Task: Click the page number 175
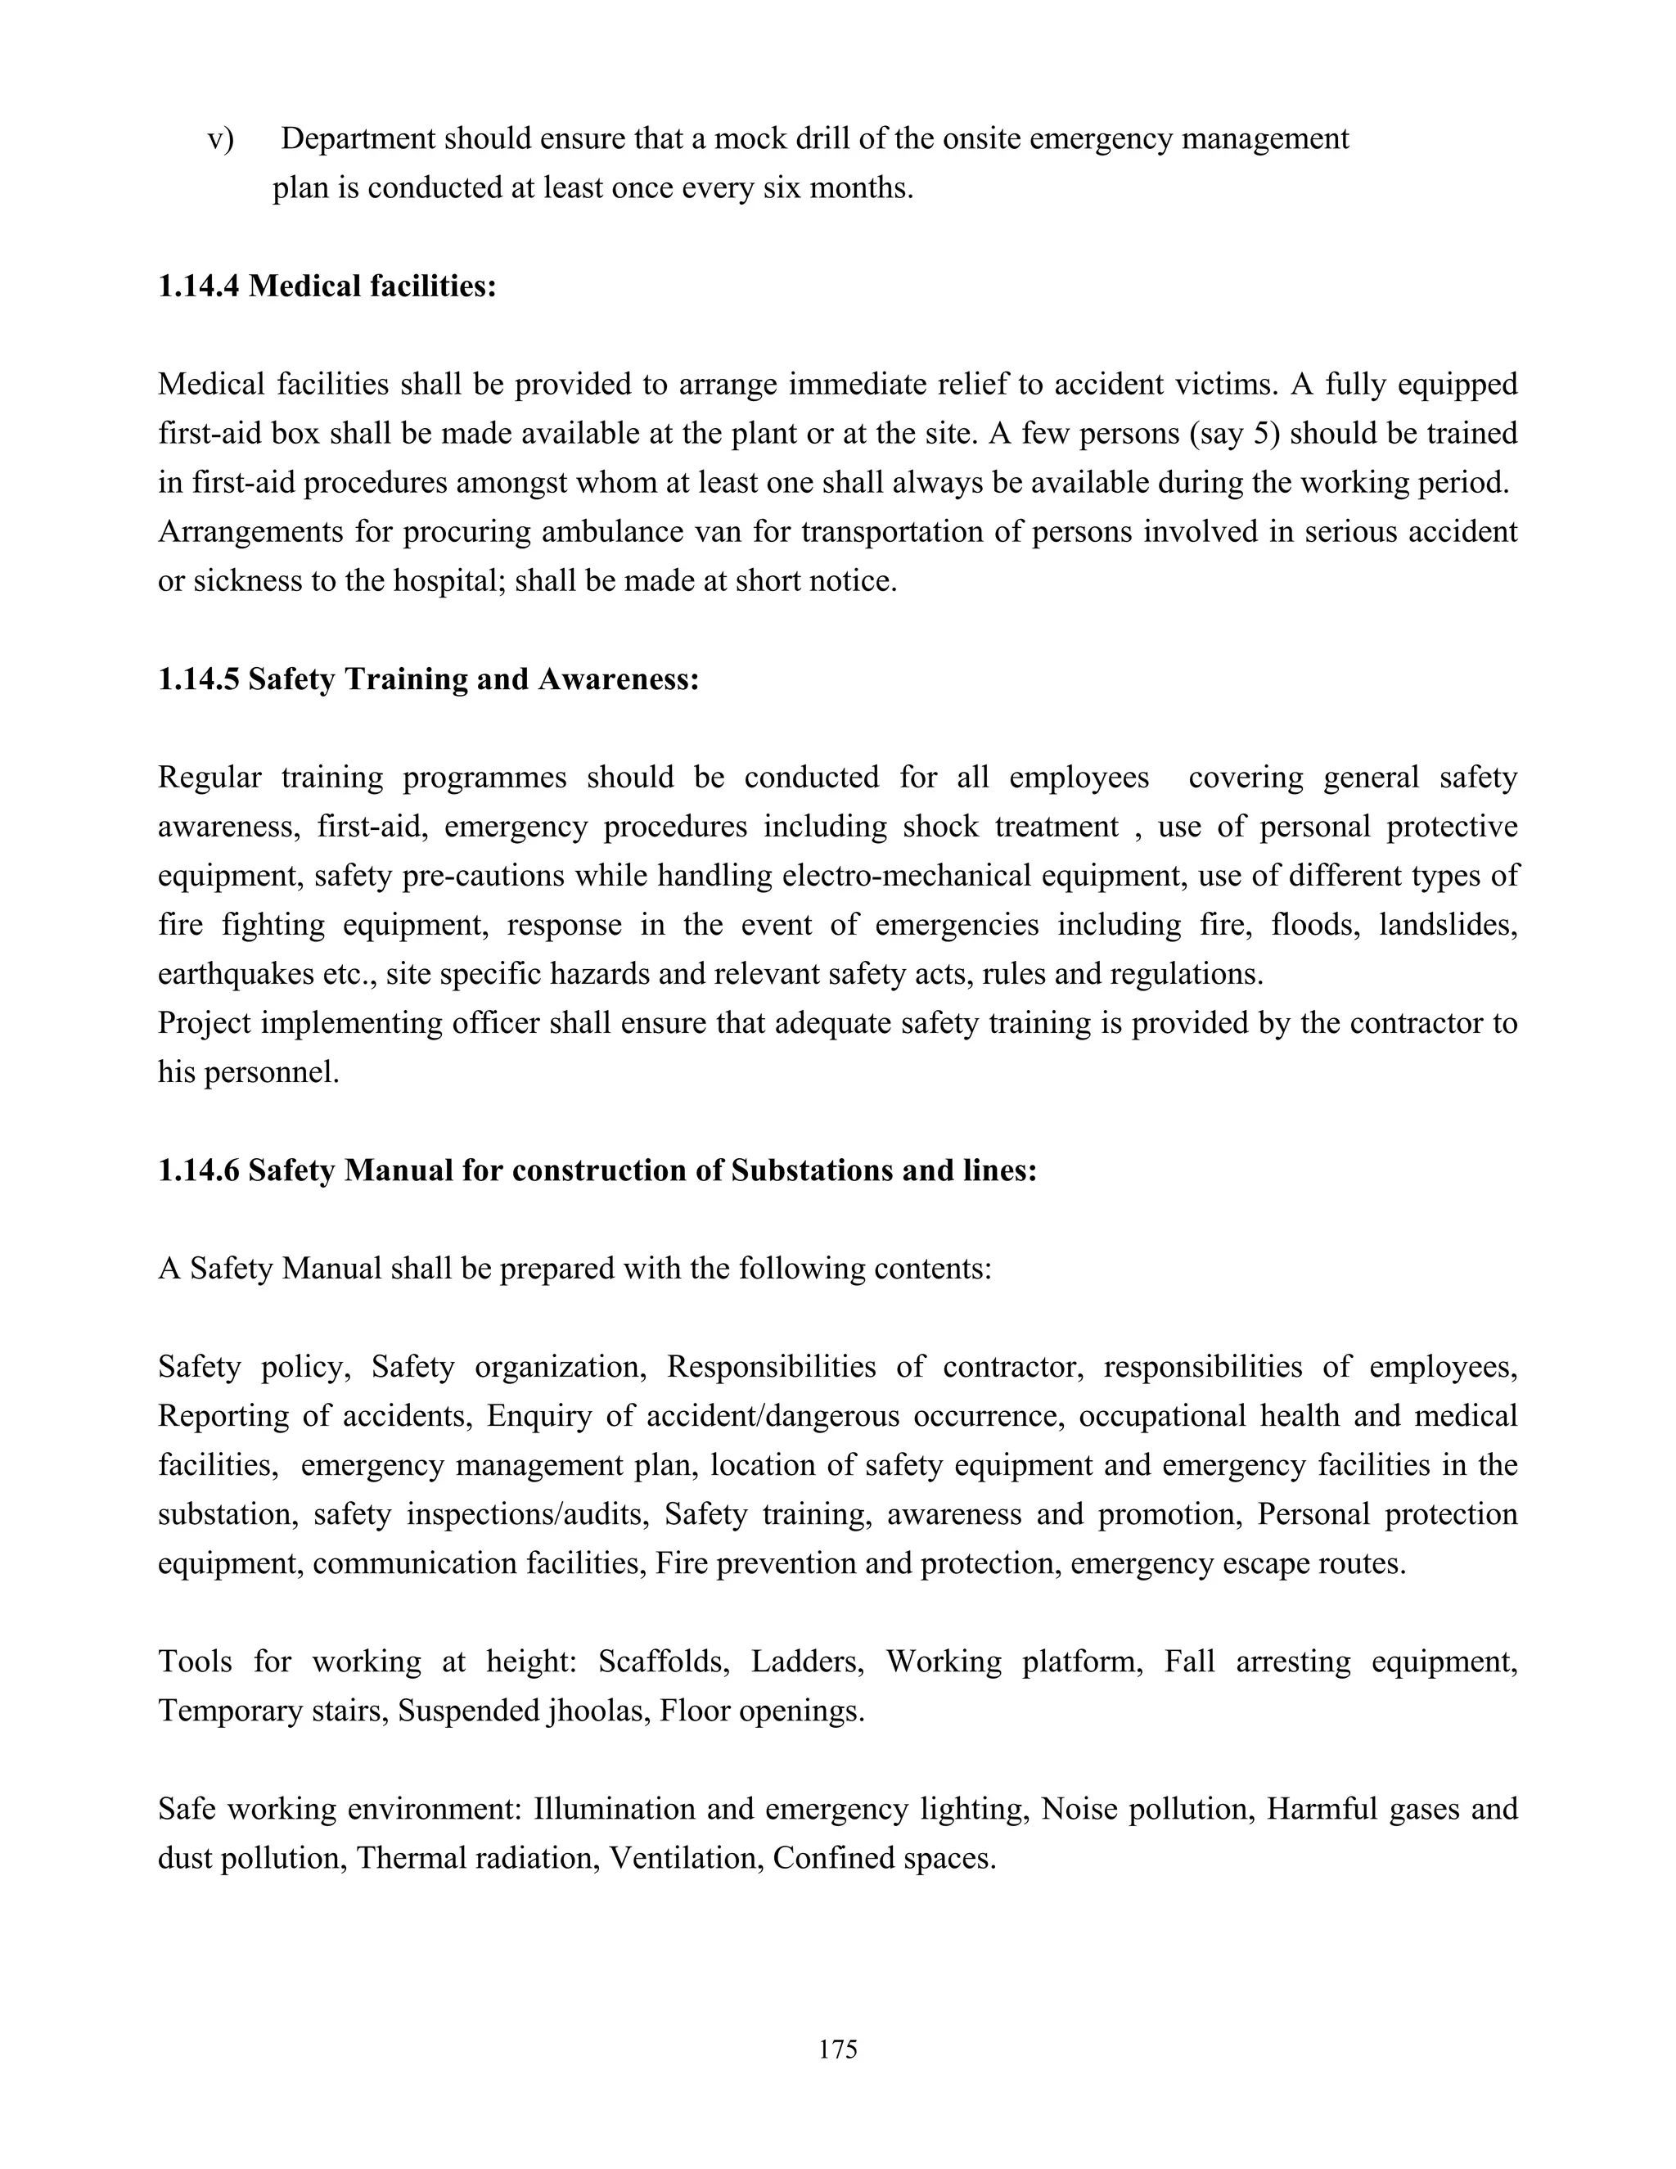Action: (838, 2049)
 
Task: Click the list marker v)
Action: (220, 139)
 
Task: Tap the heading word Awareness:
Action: (619, 679)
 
